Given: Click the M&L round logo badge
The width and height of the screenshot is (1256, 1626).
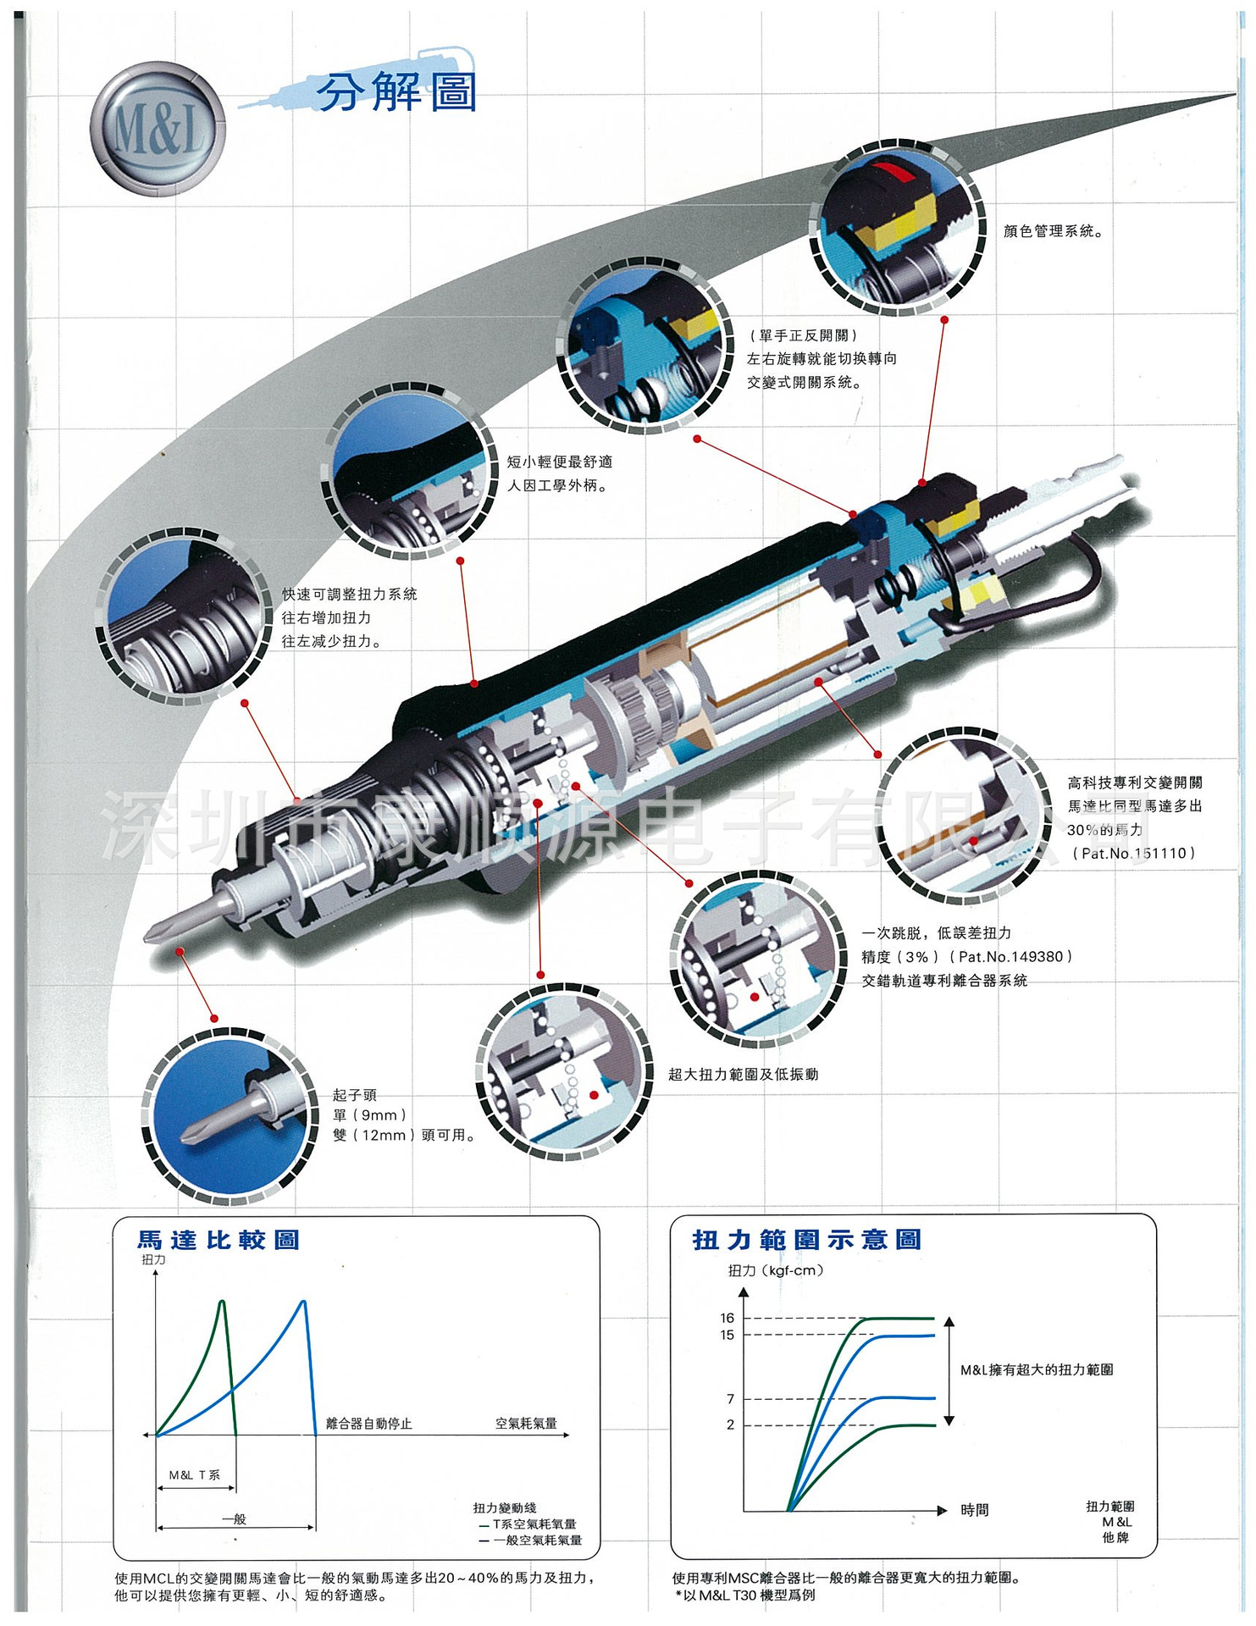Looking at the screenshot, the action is point(158,129).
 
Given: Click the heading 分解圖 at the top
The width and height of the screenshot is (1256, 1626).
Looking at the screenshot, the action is point(396,91).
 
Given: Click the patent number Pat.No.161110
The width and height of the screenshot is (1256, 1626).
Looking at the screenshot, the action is point(1134,854).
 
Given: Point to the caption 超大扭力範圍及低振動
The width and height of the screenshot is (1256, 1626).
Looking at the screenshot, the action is point(743,1075).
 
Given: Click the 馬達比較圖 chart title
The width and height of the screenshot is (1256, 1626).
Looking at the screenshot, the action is point(219,1241).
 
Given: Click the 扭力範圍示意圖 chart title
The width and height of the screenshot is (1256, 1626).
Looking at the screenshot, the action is point(806,1240).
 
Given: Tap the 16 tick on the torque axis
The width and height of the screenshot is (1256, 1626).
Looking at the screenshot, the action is point(728,1318).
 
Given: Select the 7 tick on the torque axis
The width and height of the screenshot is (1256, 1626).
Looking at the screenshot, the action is point(730,1399).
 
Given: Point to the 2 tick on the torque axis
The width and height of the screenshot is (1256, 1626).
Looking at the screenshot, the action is point(730,1424).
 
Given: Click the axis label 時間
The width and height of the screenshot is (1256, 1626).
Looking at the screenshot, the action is point(974,1510).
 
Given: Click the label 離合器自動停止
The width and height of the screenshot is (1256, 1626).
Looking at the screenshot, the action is point(368,1424).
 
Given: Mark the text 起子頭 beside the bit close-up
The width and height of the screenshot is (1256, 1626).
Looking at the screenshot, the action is point(354,1095).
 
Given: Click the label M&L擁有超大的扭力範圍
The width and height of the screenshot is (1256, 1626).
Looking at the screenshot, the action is point(1037,1369).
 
